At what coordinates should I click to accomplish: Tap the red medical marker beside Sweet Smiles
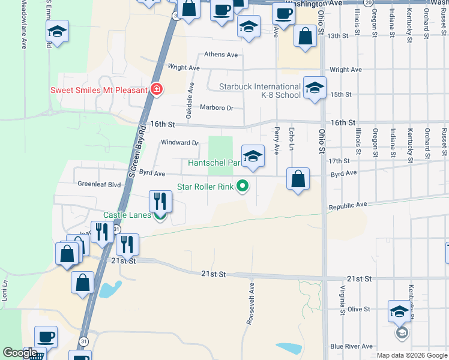(x=157, y=90)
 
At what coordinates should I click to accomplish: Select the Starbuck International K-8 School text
(x=260, y=91)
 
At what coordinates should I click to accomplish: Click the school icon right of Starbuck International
(x=315, y=88)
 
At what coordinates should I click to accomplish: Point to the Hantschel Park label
(x=214, y=163)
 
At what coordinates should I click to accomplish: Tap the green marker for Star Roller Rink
(x=243, y=187)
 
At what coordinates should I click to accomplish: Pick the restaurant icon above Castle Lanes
(x=160, y=200)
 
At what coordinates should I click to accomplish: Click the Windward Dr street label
(x=179, y=143)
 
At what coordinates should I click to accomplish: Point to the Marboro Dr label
(x=215, y=108)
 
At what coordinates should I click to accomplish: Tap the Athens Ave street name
(x=221, y=55)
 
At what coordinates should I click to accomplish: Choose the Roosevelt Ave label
(x=251, y=305)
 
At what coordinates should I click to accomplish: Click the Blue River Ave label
(x=351, y=347)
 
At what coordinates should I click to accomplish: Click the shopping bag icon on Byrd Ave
(x=298, y=179)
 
